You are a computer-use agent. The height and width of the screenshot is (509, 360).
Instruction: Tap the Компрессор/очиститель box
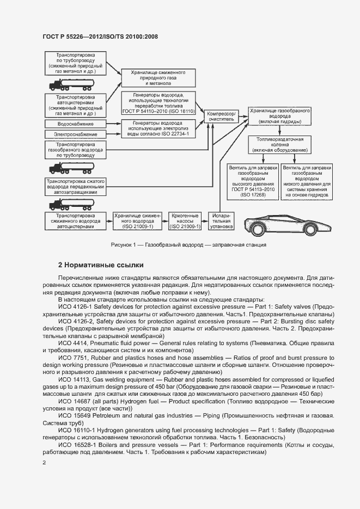221,115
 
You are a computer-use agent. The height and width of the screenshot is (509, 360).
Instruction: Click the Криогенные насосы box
185,220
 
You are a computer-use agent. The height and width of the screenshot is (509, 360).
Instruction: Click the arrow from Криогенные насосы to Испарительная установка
205,220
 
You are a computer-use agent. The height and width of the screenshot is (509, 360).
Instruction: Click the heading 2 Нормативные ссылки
101,265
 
